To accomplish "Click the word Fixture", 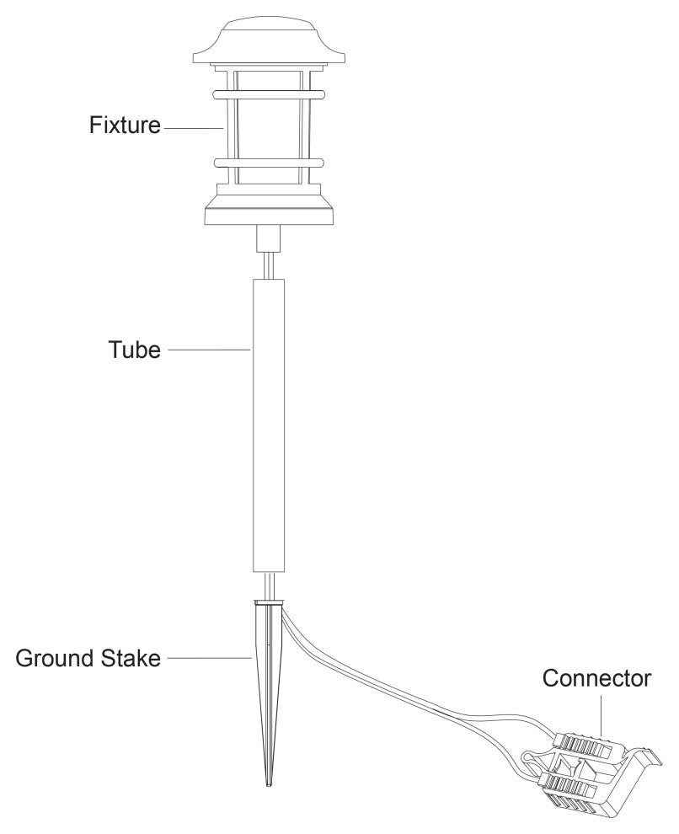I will pos(125,126).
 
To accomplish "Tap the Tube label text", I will pos(133,349).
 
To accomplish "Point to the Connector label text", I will pos(596,678).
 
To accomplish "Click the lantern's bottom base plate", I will pos(269,216).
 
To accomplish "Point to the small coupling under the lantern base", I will pos(269,238).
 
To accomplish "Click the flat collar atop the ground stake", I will pos(269,601).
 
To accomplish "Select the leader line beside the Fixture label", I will pos(194,128).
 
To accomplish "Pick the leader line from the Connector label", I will pos(600,715).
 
